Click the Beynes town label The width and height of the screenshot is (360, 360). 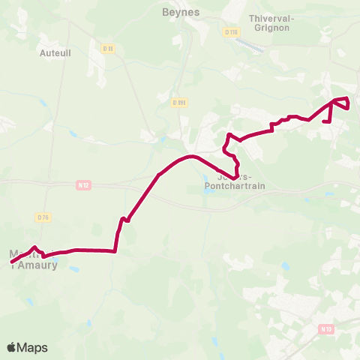(x=178, y=12)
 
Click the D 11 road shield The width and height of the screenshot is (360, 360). (x=108, y=49)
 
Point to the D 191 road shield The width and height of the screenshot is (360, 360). (x=178, y=103)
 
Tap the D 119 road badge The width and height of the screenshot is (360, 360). (x=230, y=31)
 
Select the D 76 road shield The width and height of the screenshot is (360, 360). (x=43, y=217)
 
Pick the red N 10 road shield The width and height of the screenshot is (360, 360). (x=325, y=328)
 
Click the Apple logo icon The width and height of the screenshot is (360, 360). (x=11, y=347)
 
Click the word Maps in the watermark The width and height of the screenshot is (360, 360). (x=33, y=347)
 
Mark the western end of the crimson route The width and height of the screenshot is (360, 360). (x=12, y=261)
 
